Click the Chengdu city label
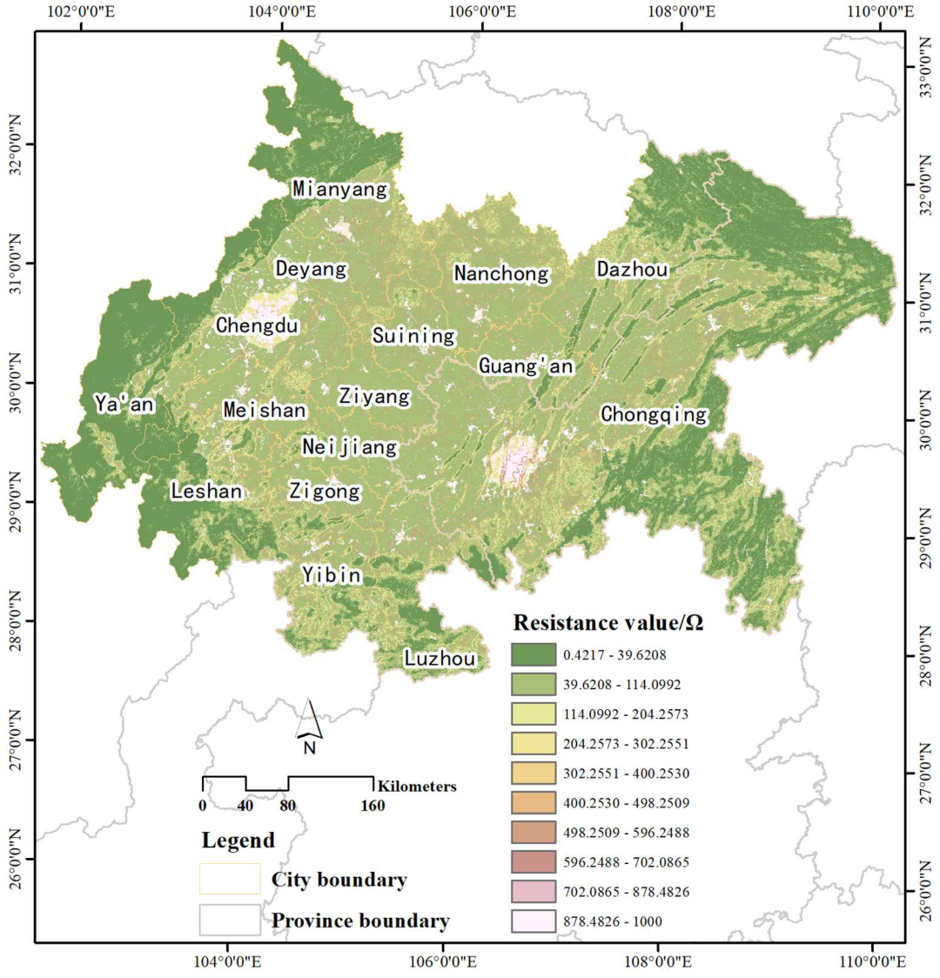click(x=258, y=325)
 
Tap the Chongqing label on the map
click(x=654, y=415)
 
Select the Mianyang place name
click(x=339, y=189)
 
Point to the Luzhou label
click(x=440, y=660)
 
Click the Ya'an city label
click(x=124, y=404)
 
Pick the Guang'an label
click(x=526, y=366)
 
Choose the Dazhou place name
click(x=632, y=270)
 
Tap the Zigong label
click(x=324, y=492)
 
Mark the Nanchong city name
click(x=502, y=273)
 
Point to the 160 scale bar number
click(x=373, y=806)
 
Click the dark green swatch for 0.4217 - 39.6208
click(x=533, y=654)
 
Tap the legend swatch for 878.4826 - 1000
click(x=533, y=921)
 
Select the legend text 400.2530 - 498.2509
click(x=627, y=803)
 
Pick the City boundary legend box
click(x=230, y=879)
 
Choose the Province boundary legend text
click(x=360, y=921)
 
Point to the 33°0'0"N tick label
click(x=923, y=67)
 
